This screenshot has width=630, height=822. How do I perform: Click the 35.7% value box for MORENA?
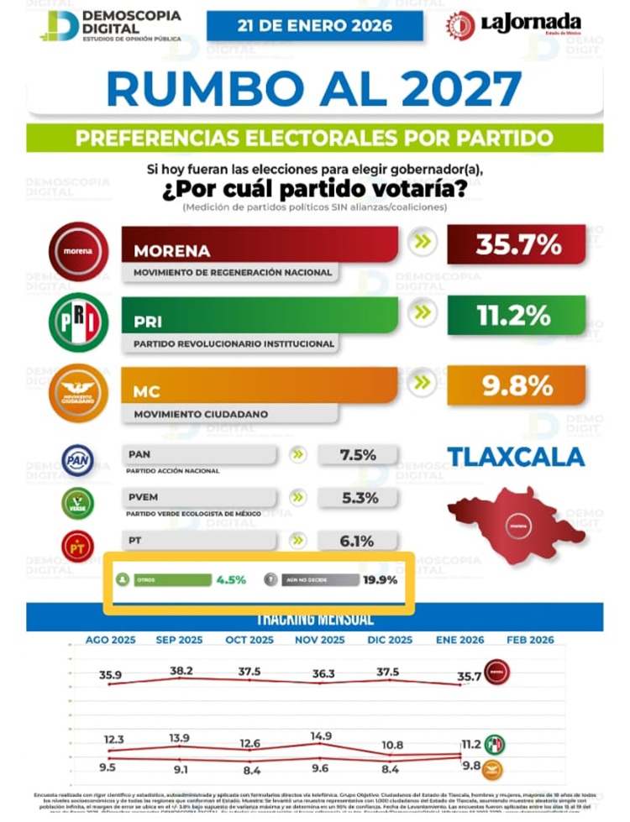tap(517, 244)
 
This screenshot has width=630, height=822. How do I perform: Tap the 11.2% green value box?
tap(517, 316)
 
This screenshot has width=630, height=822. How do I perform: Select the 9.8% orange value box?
tap(517, 386)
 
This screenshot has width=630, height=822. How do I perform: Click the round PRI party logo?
tap(78, 321)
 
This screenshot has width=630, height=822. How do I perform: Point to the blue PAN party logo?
tap(78, 460)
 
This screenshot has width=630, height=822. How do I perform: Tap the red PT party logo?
tap(78, 546)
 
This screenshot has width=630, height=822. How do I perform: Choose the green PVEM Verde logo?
tap(78, 503)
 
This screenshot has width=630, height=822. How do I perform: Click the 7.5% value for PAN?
tap(357, 455)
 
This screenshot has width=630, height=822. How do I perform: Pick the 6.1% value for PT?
tap(357, 542)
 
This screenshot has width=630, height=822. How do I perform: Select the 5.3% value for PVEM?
tap(357, 498)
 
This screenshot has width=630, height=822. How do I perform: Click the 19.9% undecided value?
tap(380, 579)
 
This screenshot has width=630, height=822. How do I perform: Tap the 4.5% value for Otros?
tap(231, 579)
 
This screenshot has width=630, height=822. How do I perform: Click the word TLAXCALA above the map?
tap(516, 457)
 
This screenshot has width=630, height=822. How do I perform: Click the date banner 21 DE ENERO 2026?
tap(315, 25)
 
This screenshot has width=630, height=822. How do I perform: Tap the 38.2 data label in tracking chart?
tap(181, 671)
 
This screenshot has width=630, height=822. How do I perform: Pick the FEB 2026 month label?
tap(530, 640)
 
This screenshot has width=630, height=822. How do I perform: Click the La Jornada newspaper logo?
tap(525, 24)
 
